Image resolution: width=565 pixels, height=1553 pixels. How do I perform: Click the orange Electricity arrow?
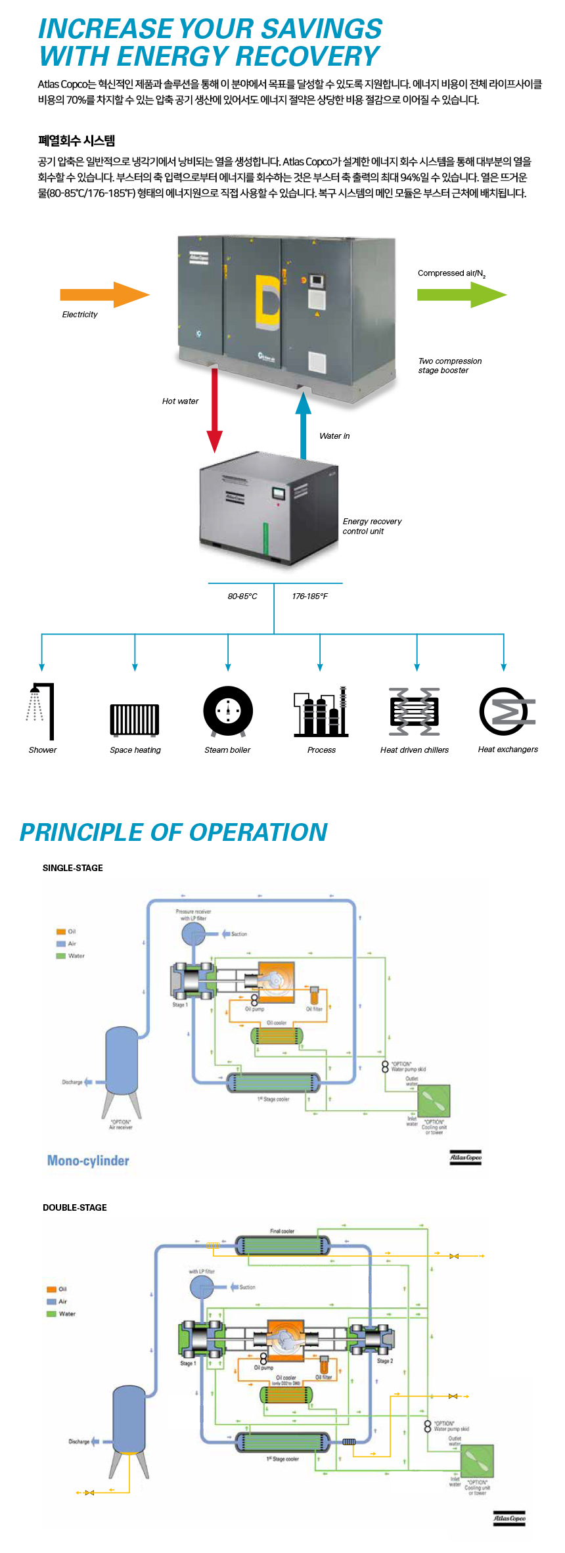(x=104, y=295)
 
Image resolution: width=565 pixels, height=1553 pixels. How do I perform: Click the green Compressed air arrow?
(x=461, y=295)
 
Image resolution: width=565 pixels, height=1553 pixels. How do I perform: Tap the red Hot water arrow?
(x=215, y=411)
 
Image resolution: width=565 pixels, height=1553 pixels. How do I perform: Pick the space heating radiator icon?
(x=135, y=719)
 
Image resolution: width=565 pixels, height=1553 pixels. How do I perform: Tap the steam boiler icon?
(x=228, y=711)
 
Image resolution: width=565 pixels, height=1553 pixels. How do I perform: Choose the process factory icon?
(x=321, y=712)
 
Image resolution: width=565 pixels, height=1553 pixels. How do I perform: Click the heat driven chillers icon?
(x=415, y=711)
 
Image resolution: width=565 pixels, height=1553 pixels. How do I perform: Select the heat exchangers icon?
(x=507, y=711)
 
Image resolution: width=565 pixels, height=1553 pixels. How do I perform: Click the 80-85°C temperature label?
(x=242, y=596)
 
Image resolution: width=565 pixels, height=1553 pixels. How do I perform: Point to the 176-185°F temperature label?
(x=309, y=596)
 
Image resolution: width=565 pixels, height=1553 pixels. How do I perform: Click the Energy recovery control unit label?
(x=372, y=526)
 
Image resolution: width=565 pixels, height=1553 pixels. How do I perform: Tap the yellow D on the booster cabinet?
(x=267, y=303)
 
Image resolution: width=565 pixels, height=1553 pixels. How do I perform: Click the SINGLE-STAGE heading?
(x=73, y=868)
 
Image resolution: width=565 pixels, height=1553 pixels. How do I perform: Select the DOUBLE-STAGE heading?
(x=75, y=1207)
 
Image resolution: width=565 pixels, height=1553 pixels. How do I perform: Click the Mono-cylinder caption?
(x=88, y=1161)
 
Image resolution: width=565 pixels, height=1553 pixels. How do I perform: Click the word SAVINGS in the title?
(x=323, y=29)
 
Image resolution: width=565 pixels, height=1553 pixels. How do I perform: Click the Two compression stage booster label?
(x=450, y=366)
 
